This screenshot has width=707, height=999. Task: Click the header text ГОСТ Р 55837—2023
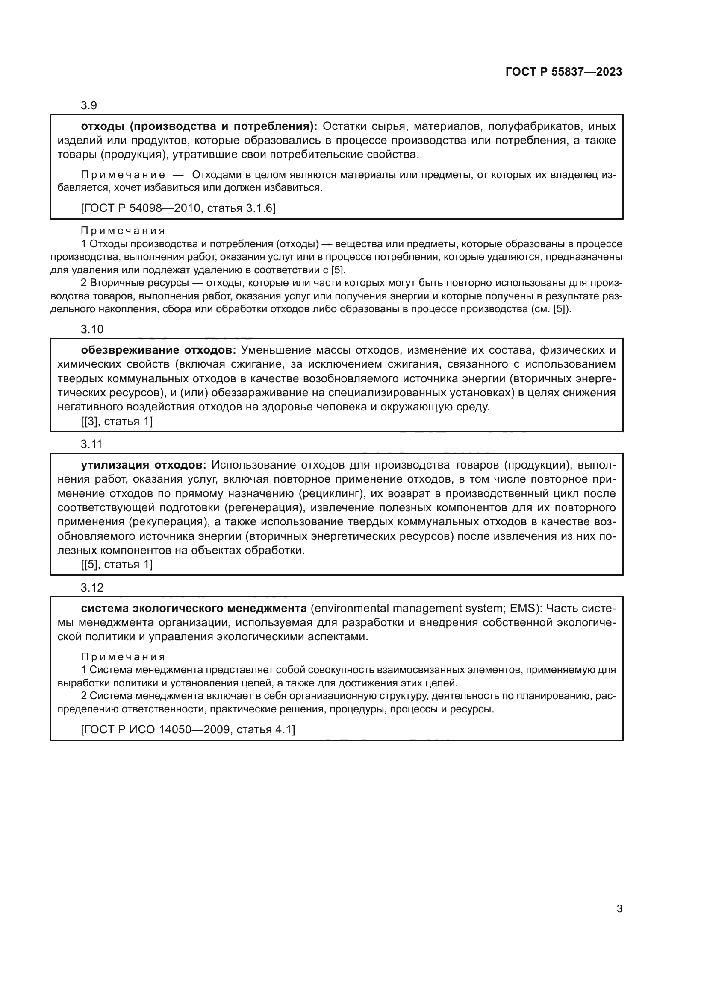coord(563,72)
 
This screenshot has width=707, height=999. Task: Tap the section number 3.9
coord(89,106)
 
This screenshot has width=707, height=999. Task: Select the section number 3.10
coord(92,329)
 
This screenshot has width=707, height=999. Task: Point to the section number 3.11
coord(91,444)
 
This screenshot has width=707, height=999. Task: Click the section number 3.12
coord(92,588)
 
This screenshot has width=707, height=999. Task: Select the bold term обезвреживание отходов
coord(159,350)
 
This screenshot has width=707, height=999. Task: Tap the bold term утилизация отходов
coord(144,465)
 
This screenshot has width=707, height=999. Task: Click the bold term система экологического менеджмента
coord(194,608)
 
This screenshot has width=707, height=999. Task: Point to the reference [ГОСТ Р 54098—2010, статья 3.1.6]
coord(178,208)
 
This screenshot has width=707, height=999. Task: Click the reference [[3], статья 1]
coord(117,421)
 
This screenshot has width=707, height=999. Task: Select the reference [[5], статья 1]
coord(117,565)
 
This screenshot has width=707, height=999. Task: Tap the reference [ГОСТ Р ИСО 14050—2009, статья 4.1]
coord(188,729)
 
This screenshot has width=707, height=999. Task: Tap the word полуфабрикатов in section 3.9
coord(535,126)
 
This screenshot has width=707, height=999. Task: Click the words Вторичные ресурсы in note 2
coord(139,283)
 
